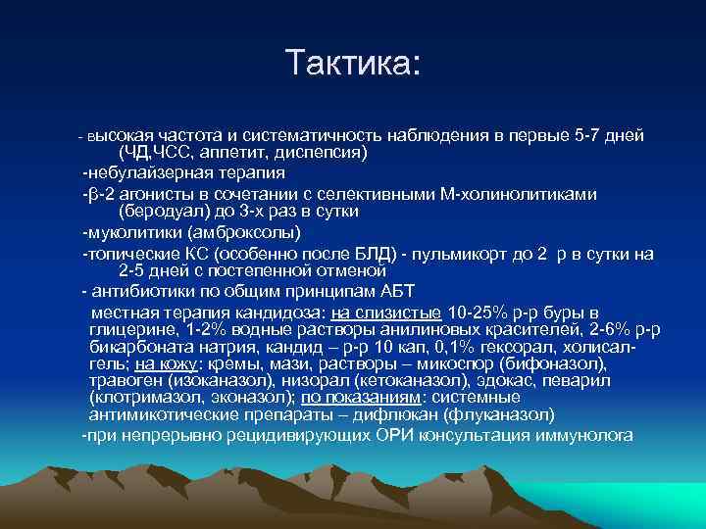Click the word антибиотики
pos(139,292)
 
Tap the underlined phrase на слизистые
pos(386,313)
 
